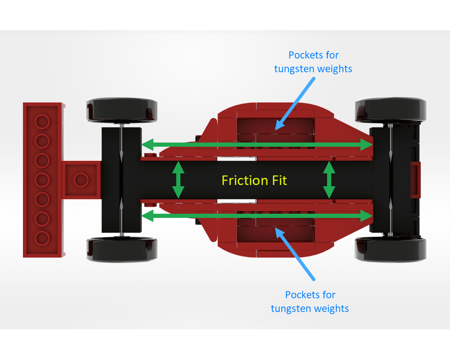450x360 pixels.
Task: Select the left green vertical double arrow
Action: click(179, 180)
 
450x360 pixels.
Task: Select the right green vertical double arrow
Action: click(329, 180)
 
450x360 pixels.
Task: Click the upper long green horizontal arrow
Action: click(257, 144)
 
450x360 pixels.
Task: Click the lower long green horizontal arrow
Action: click(257, 216)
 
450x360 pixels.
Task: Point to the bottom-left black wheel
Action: click(121, 250)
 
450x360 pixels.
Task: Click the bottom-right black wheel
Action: click(391, 249)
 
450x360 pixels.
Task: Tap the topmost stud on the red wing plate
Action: click(42, 121)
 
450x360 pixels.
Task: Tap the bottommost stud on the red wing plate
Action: click(42, 238)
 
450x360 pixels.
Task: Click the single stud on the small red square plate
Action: click(81, 180)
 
